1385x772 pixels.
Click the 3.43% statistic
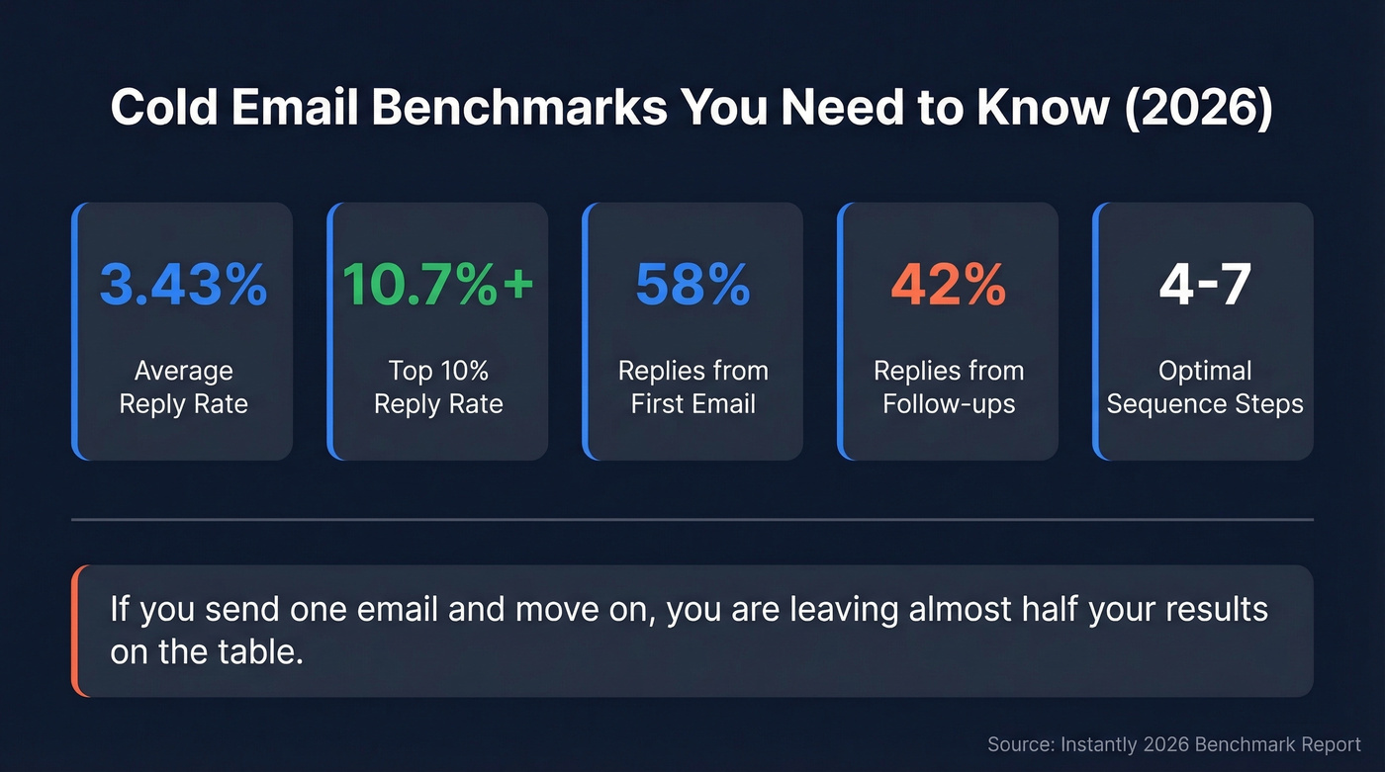(183, 284)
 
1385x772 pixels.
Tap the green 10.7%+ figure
(437, 284)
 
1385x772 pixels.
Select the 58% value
(692, 284)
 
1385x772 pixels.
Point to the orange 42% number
(948, 284)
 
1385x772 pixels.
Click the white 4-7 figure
(1204, 284)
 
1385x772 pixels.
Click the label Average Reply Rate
(183, 387)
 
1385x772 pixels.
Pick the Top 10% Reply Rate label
(438, 387)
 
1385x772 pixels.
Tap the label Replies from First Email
(692, 387)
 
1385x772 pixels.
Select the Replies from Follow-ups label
(948, 387)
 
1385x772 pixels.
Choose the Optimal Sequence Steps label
(1204, 387)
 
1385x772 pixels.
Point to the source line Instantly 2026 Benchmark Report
(1174, 744)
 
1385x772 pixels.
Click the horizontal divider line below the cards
(692, 519)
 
